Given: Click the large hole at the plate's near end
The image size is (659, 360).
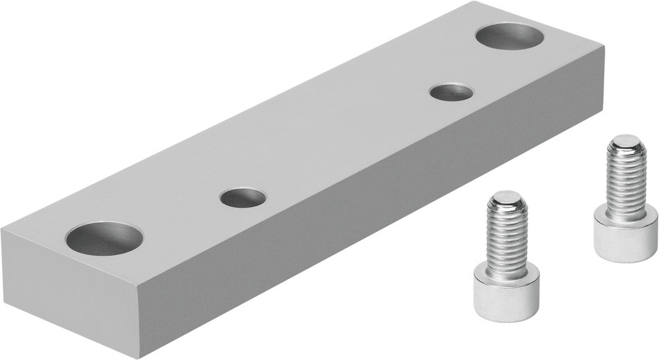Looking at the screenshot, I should pos(104,238).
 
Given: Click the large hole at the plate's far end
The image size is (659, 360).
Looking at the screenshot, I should pos(509,35).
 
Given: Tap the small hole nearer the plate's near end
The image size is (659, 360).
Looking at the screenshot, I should pos(243,197).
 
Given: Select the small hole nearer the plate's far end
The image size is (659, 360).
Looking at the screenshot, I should pos(451,92).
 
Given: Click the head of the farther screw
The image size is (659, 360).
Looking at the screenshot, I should pos(625,237).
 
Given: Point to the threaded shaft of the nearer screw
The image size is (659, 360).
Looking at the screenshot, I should pos(507,237).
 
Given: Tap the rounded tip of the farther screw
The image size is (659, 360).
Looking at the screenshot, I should pos(625,142).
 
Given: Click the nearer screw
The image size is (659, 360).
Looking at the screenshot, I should pos(507,264).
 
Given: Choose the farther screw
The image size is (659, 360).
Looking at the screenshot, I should pos(625,204).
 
